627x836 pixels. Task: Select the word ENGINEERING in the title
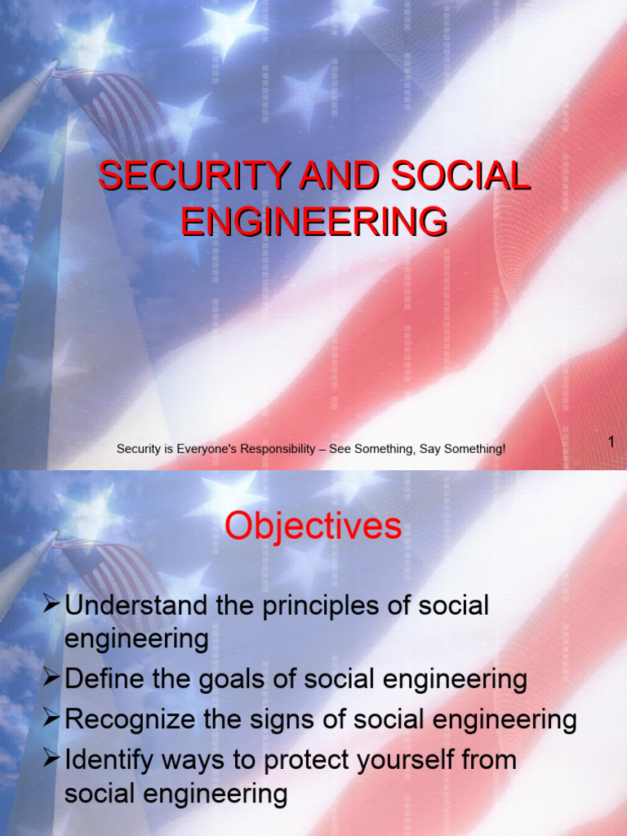point(314,221)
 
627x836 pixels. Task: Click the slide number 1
point(610,442)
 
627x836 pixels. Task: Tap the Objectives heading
point(313,527)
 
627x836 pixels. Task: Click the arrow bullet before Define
point(52,678)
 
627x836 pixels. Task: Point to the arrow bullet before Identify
point(52,758)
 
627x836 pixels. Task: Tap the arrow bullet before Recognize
point(52,718)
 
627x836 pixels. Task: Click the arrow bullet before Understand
point(52,605)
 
